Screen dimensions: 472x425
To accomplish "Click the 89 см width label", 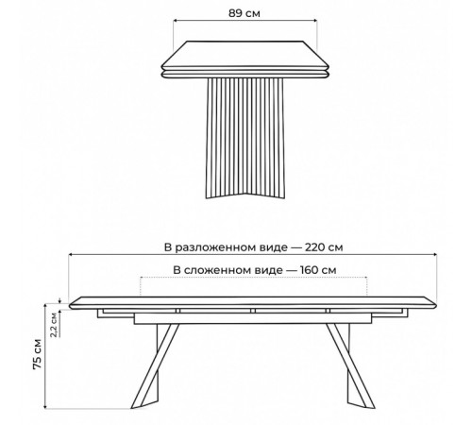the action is pos(244,13).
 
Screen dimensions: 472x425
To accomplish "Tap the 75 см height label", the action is pos(37,354).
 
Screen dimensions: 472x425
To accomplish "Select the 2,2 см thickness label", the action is pos(54,325).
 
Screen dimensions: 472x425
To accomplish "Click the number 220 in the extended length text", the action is pos(314,247).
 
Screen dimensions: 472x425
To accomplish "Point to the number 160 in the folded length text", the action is pos(310,270).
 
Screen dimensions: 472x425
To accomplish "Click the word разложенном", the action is pos(231,247).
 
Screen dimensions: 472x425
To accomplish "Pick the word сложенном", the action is pos(233,270).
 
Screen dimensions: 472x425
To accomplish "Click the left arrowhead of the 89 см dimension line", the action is pos(176,21).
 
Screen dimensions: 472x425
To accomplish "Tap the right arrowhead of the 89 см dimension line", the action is pos(315,21).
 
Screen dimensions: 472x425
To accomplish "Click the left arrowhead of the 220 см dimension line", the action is pos(71,254).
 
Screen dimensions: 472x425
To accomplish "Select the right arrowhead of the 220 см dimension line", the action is pos(434,254).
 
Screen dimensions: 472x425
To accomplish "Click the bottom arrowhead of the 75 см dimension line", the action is pos(45,406).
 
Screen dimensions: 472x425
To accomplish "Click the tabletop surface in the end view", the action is pos(245,54).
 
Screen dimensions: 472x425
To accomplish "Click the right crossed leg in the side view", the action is pos(348,365).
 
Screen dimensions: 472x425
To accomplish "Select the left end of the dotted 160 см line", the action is pos(141,278).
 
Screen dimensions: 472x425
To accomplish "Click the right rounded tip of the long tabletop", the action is pos(435,304).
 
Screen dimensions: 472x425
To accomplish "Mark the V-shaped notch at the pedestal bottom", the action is pos(245,194).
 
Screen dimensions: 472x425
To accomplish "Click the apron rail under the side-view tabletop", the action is pos(253,318).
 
